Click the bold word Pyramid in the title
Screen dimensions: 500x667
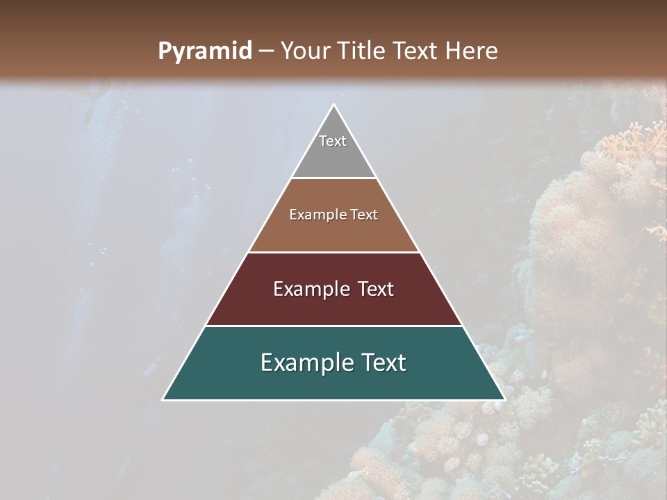(204, 51)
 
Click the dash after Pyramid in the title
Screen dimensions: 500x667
(266, 51)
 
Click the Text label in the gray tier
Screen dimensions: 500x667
(333, 141)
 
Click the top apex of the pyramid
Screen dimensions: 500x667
(333, 105)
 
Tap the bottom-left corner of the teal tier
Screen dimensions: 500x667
(163, 399)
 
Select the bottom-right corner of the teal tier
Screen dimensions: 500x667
(504, 399)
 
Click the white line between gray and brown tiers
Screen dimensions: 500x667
(333, 178)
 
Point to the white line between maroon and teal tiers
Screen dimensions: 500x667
(333, 326)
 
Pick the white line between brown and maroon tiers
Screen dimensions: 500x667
(333, 252)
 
